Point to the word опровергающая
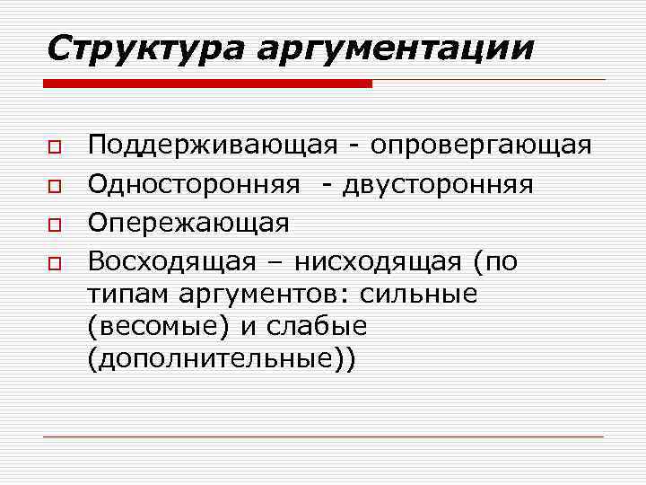481,146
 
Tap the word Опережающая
188,224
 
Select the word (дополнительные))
222,358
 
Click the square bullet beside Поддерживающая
55,146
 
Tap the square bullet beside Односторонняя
55,185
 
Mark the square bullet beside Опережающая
55,224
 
